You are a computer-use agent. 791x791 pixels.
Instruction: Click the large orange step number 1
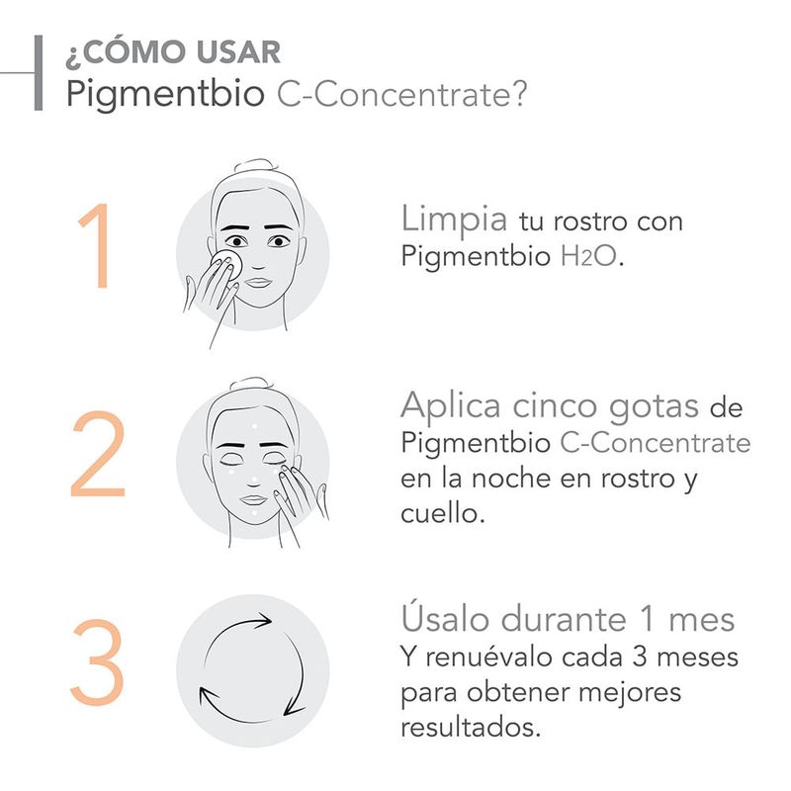tap(96, 245)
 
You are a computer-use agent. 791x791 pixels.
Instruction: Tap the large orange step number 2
tap(98, 454)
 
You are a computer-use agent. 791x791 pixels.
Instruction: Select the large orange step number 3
tap(97, 661)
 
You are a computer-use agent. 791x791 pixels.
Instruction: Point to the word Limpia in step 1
tap(454, 220)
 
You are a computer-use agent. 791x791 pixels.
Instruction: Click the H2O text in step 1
tap(589, 256)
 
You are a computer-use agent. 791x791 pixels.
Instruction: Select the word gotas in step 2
tap(654, 406)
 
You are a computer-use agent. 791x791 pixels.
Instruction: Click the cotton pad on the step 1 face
tap(227, 262)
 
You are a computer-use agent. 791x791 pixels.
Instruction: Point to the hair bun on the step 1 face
tap(255, 166)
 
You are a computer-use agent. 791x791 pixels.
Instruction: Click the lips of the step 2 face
tap(253, 499)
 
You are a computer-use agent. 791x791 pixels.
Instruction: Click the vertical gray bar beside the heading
tap(39, 72)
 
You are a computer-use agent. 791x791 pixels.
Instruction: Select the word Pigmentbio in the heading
tap(165, 94)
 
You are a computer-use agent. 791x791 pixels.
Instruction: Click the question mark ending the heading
tap(517, 92)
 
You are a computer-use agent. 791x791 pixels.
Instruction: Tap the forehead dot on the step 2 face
tap(254, 426)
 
